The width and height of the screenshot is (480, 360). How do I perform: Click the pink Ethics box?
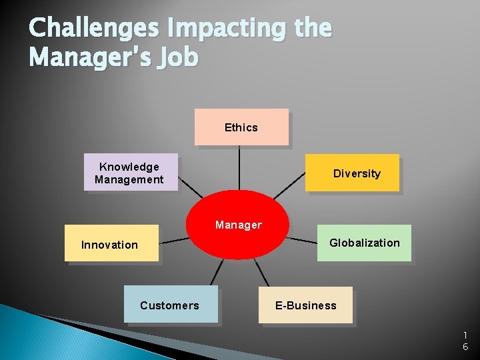(241, 127)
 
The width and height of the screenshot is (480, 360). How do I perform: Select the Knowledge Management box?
(131, 173)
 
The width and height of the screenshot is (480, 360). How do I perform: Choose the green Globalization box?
(364, 243)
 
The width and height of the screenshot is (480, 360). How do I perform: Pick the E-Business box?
(305, 305)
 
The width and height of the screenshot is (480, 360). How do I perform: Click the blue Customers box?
(171, 305)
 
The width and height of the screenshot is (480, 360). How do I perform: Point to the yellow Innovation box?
(111, 244)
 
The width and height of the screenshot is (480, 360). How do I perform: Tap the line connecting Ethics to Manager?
(239, 170)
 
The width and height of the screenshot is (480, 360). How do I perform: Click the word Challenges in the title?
(94, 29)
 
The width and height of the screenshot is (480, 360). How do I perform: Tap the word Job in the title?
(178, 57)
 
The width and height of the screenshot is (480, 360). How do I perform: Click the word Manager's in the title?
(90, 57)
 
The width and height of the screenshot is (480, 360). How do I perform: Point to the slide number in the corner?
(465, 341)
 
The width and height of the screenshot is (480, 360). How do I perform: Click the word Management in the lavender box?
(129, 179)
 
